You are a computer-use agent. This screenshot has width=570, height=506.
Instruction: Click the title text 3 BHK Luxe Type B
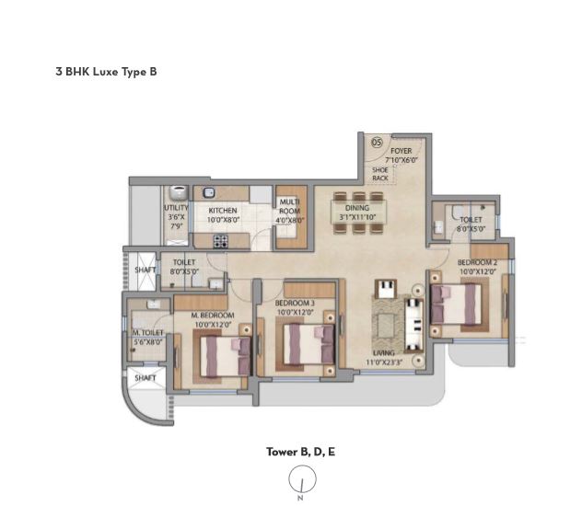pyautogui.click(x=106, y=70)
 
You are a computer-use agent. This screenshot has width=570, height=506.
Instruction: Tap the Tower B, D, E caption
pyautogui.click(x=300, y=452)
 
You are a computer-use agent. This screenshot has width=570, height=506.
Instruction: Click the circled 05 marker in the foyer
pyautogui.click(x=377, y=143)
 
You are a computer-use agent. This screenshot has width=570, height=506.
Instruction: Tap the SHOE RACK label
pyautogui.click(x=379, y=173)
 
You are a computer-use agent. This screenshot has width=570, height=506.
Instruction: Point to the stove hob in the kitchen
pyautogui.click(x=220, y=241)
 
